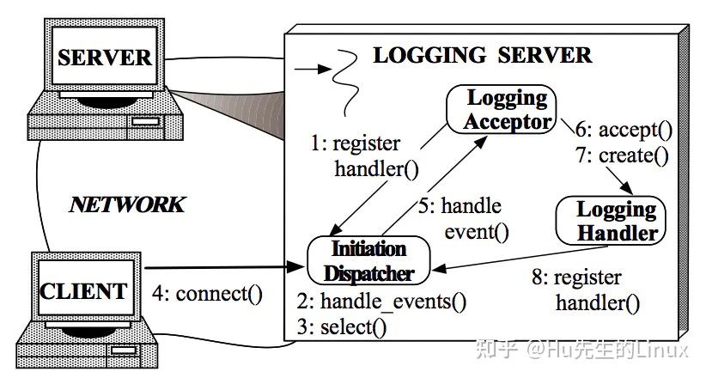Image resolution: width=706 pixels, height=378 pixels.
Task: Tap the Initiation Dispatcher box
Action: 368,261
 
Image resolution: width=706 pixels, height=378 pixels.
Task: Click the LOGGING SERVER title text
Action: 482,56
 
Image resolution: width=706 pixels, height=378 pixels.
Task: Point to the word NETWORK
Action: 126,204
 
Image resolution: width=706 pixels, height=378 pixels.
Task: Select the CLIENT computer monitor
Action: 85,290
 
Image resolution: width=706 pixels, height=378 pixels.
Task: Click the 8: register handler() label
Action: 598,290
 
